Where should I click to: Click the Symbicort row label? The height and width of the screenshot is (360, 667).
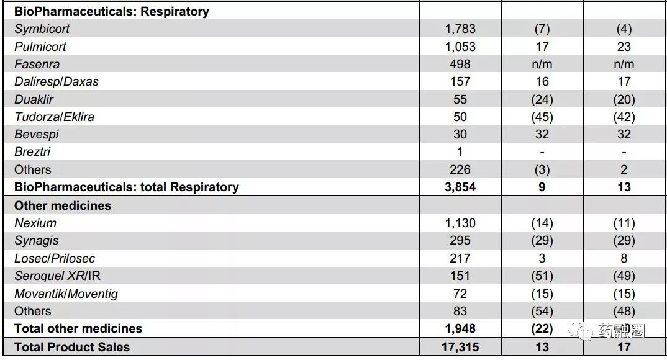coord(42,29)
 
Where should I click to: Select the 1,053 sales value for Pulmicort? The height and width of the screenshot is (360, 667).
coord(460,47)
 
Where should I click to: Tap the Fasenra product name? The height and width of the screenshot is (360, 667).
coord(37,64)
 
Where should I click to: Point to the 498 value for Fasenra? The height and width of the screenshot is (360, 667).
coord(460,64)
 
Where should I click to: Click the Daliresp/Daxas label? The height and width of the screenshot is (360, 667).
coord(57,81)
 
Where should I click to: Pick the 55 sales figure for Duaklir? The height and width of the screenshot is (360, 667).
coord(460,99)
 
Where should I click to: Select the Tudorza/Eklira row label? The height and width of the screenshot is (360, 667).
coord(55,117)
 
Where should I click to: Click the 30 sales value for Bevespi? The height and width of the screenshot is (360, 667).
coord(460,134)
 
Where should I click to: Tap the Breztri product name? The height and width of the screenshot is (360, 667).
coord(32,151)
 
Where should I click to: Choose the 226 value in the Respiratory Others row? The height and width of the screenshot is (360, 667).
coord(460,169)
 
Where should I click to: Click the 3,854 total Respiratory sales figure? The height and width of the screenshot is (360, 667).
coord(460,187)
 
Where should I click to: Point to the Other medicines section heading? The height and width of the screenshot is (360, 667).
coord(63,205)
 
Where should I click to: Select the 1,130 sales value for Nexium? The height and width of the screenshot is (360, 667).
coord(460,223)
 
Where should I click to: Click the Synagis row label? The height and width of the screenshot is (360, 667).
coord(37,241)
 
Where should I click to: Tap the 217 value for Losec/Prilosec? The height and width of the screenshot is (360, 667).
coord(460,258)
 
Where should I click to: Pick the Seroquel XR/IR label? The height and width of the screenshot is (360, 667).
coord(57,276)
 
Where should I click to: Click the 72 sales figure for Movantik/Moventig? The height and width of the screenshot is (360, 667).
coord(460,294)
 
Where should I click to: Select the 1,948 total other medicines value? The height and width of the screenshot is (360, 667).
coord(460,328)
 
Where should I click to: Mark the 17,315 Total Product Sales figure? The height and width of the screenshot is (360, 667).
coord(460,347)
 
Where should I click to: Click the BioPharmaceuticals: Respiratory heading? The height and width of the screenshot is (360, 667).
coord(111,11)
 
